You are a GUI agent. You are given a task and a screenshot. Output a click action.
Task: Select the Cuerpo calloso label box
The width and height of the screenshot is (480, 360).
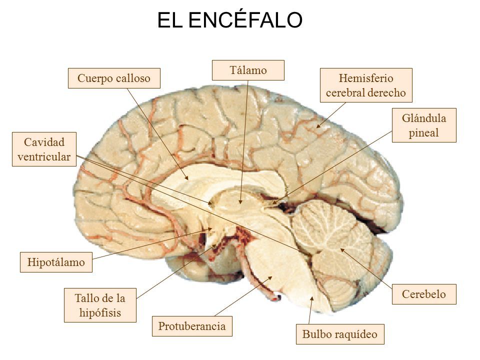(114, 78)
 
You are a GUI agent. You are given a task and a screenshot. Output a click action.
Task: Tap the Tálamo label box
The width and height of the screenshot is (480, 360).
(248, 70)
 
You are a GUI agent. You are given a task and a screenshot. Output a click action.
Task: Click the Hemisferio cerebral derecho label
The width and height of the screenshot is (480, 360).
(365, 85)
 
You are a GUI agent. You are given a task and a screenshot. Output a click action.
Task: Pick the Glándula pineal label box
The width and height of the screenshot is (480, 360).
(424, 125)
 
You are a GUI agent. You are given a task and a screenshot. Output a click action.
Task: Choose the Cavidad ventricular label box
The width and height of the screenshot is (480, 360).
(44, 149)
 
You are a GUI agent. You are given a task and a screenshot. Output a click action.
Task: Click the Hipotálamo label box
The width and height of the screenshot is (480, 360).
(56, 262)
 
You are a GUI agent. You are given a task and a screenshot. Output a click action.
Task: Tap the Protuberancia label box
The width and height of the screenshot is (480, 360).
(192, 326)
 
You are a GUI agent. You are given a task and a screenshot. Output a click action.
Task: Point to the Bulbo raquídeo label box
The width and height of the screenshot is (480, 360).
(342, 334)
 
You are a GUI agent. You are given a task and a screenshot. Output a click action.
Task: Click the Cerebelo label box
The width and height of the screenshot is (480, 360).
(424, 294)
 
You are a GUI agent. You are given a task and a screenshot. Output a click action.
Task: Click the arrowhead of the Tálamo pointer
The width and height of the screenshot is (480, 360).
(240, 203)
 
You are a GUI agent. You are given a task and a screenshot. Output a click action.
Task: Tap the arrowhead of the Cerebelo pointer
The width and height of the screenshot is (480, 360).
(341, 249)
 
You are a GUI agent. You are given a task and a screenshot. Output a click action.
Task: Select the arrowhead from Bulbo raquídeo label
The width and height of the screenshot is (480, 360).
(312, 298)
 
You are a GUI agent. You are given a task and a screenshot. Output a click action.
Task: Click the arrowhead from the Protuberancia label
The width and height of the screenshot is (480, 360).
(272, 277)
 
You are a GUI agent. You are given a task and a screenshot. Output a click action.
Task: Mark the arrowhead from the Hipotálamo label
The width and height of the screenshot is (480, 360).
(213, 229)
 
